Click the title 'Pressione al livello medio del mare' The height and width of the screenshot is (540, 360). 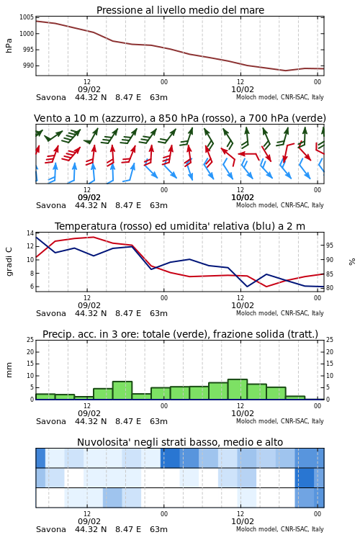coord(180,10)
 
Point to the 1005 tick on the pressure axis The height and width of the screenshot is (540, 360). coord(27,17)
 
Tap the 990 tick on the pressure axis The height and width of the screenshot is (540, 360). coord(28,66)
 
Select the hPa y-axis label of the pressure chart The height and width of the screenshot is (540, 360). coord(9,46)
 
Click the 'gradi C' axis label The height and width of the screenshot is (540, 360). coord(9,262)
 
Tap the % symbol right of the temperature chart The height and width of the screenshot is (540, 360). coord(352,262)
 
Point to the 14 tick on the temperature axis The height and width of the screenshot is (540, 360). coord(30,233)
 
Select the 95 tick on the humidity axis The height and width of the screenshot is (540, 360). coord(330,246)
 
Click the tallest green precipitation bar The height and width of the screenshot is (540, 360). coord(238,390)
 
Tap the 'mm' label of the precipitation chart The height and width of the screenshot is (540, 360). coord(9,370)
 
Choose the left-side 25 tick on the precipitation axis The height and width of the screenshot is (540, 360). coord(30,340)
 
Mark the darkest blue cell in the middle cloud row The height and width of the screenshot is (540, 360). coord(305,478)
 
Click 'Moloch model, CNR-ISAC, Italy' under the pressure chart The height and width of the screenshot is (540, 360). coord(280,97)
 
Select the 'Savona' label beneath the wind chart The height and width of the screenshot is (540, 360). coord(51,205)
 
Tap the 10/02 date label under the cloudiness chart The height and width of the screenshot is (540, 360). coord(243,521)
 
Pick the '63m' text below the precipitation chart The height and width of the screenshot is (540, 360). coord(159,421)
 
